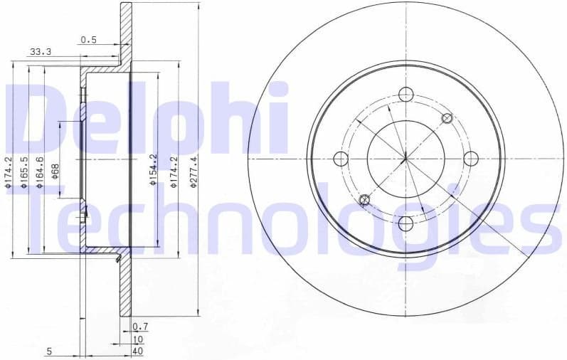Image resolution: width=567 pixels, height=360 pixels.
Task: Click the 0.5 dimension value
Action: [88, 40]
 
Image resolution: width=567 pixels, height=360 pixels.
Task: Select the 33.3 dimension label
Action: [41, 51]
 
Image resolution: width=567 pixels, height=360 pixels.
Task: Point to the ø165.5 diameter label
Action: [23, 173]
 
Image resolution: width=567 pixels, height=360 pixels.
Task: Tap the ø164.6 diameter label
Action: [40, 173]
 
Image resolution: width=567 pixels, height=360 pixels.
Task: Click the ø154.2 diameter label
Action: [152, 171]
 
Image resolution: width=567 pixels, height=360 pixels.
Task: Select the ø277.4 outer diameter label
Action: [193, 173]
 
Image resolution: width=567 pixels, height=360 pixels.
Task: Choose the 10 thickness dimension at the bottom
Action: [138, 339]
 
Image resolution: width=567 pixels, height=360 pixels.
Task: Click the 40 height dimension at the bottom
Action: [138, 351]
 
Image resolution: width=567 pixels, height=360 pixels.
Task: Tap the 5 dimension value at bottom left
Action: [49, 351]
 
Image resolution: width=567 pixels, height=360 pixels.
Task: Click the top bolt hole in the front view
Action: [406, 94]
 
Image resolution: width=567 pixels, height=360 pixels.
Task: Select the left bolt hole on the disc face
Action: [340, 159]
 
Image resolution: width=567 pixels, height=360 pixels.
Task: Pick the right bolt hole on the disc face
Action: [471, 159]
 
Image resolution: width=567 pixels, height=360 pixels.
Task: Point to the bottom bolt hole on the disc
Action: [406, 223]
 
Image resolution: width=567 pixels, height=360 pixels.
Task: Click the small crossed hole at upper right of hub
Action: [447, 118]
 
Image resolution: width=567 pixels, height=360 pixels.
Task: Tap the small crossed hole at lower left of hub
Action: [365, 200]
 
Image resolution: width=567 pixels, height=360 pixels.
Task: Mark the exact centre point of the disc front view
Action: [406, 159]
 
